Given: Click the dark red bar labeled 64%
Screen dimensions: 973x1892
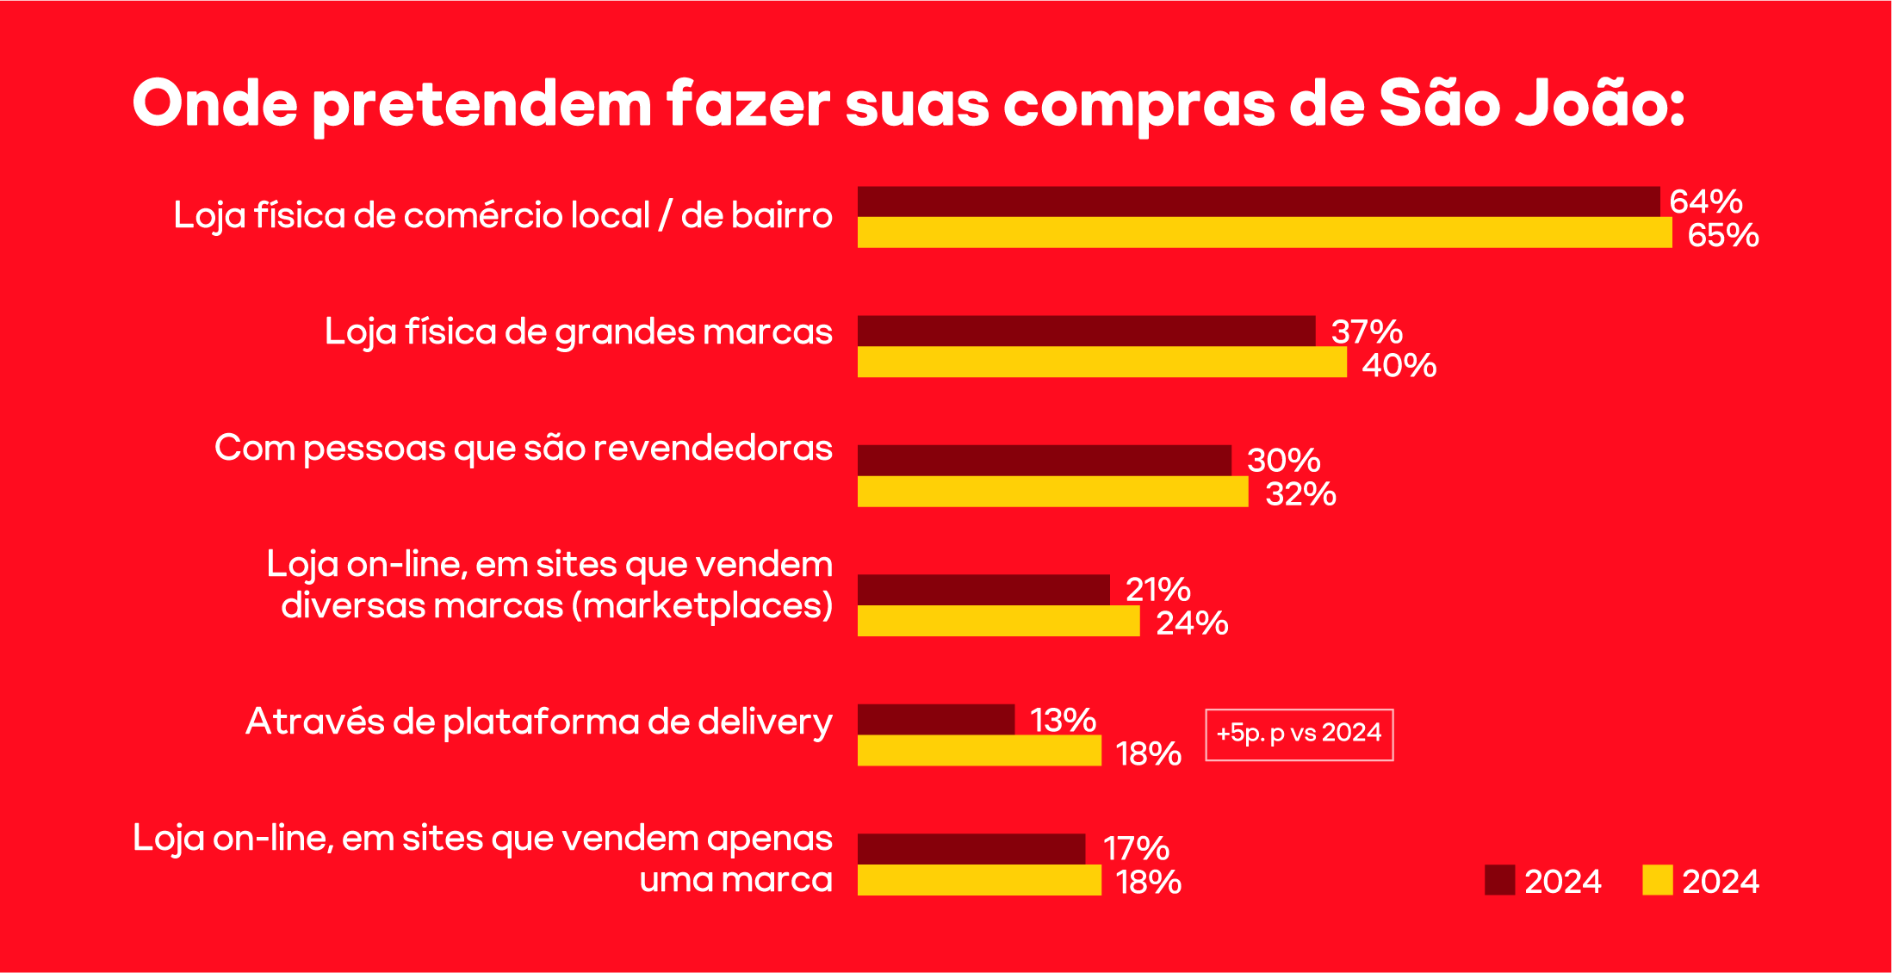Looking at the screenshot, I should point(1257,201).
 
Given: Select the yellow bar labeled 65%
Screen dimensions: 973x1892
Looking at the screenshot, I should point(1264,232).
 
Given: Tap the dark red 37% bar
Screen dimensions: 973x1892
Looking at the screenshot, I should point(1086,331).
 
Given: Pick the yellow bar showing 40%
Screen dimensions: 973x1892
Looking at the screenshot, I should point(1101,362).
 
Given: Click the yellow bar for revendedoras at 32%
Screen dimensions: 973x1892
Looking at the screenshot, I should point(1052,492).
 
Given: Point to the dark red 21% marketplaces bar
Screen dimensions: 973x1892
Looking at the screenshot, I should point(983,590).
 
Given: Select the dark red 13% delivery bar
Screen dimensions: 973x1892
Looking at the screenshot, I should point(936,719).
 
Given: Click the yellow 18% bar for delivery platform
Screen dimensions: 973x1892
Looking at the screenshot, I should point(979,751).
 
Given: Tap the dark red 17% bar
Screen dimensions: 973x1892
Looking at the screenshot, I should point(971,848).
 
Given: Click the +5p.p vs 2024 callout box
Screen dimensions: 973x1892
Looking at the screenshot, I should point(1299,734).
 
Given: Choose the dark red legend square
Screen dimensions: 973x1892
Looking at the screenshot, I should point(1499,880).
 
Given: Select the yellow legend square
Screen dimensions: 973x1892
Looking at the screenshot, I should point(1657,880).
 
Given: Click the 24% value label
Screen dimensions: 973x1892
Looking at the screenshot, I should point(1191,623).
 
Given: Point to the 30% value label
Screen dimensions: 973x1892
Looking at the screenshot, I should point(1283,460).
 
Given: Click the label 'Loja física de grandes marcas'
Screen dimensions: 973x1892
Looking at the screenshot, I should point(578,332).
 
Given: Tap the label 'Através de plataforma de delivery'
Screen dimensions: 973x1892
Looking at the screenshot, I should point(539,722).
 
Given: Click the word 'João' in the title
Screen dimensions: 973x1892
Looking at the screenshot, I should point(1598,103).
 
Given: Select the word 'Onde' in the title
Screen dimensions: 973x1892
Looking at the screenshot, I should point(215,103).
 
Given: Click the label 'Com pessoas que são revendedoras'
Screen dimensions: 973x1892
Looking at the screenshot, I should point(523,449).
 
